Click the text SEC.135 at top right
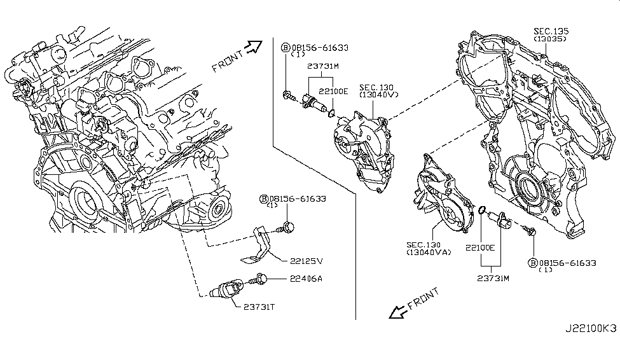(x=551, y=31)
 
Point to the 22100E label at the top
(x=333, y=91)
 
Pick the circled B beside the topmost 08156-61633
(x=286, y=47)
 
